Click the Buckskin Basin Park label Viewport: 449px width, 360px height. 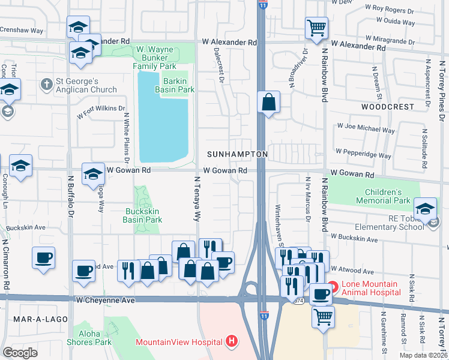coord(143,215)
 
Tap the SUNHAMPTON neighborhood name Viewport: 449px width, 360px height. coord(237,154)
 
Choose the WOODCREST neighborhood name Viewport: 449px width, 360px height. coord(388,106)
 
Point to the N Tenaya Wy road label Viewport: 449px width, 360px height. coord(196,199)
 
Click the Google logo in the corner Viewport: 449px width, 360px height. coord(20,353)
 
